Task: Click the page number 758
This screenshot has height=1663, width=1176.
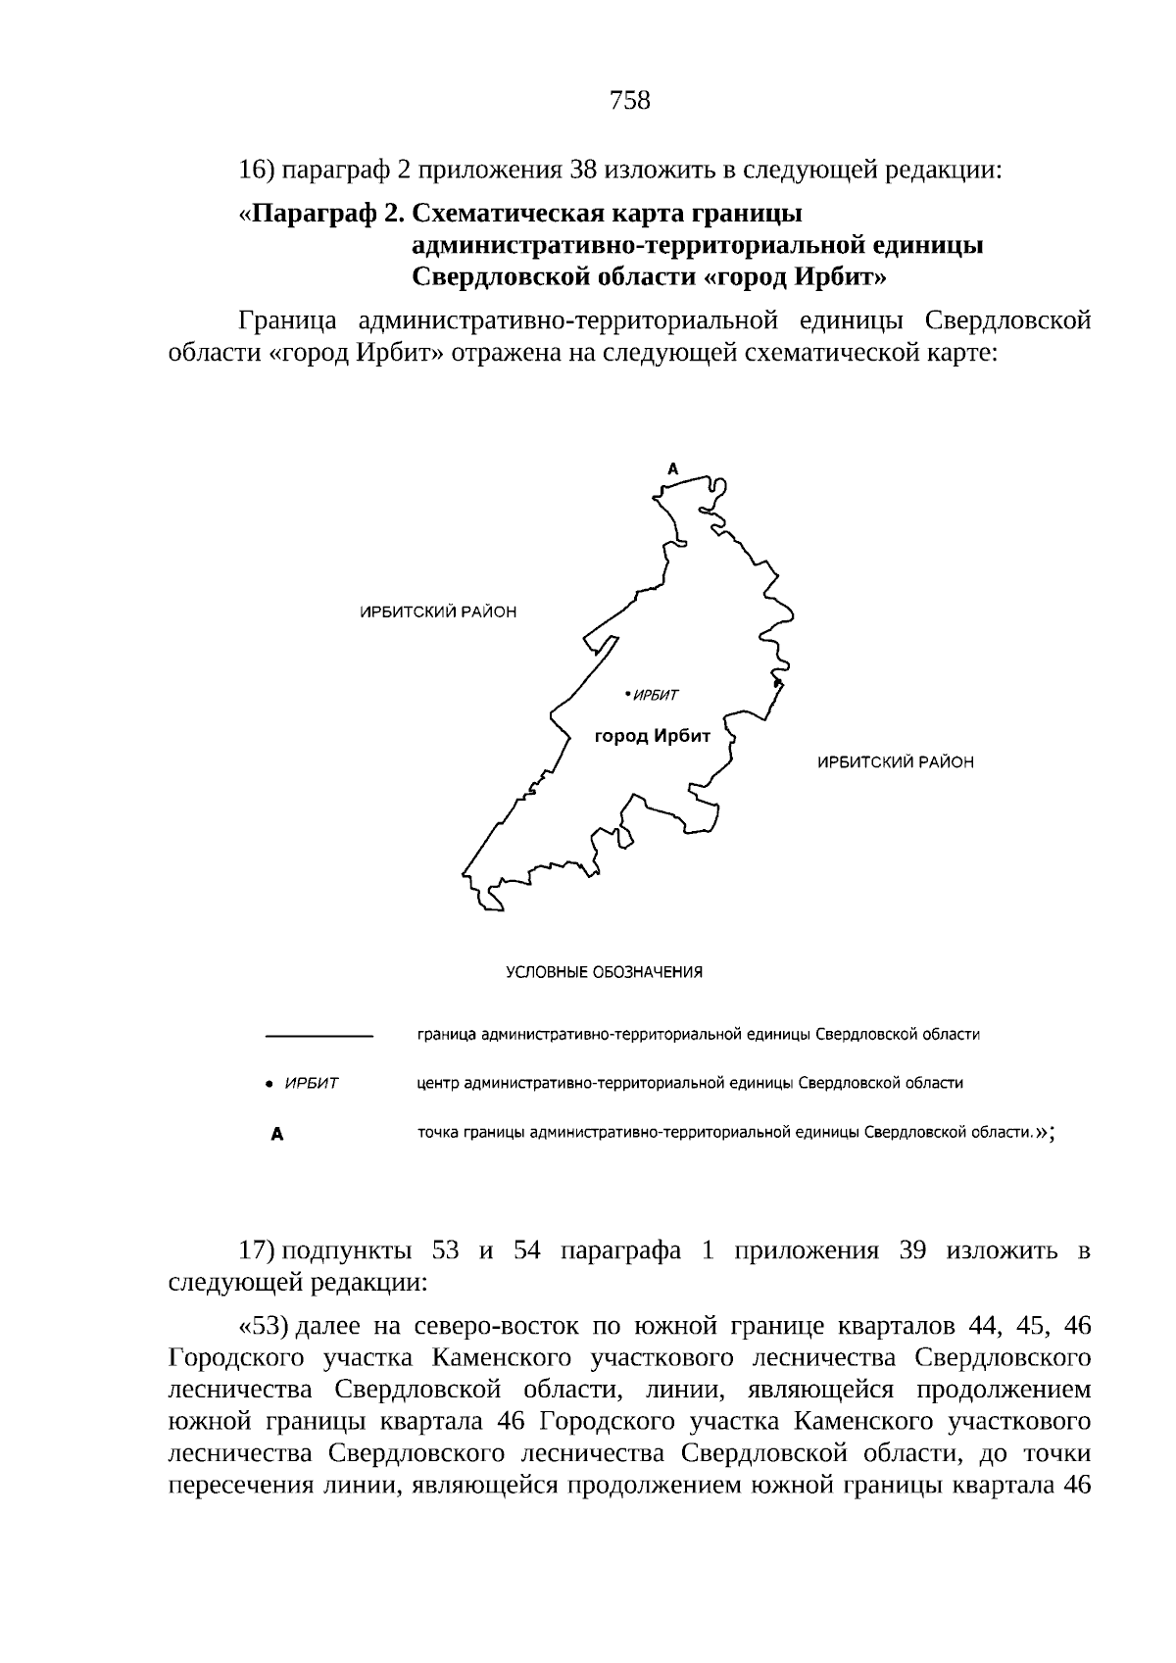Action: tap(629, 100)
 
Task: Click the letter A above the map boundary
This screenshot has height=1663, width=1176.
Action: tap(672, 469)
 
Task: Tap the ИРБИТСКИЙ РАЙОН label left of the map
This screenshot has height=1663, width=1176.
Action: tap(437, 612)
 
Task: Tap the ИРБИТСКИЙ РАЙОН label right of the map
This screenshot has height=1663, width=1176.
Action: tap(895, 761)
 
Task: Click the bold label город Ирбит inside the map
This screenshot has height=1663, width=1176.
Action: tap(652, 735)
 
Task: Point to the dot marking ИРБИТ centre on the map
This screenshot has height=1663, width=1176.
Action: tap(626, 695)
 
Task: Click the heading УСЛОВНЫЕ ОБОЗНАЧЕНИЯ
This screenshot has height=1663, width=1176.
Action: tap(604, 972)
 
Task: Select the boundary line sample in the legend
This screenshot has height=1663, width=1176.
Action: tap(319, 1035)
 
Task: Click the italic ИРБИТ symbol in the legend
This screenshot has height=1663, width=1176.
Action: tap(311, 1084)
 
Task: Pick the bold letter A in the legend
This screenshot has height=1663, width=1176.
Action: tap(277, 1135)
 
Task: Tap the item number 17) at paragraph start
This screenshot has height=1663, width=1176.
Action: tap(256, 1251)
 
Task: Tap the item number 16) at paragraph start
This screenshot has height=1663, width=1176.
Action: tap(256, 171)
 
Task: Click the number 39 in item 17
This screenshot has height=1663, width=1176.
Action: tap(911, 1251)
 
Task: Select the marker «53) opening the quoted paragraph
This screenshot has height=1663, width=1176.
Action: tap(263, 1326)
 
